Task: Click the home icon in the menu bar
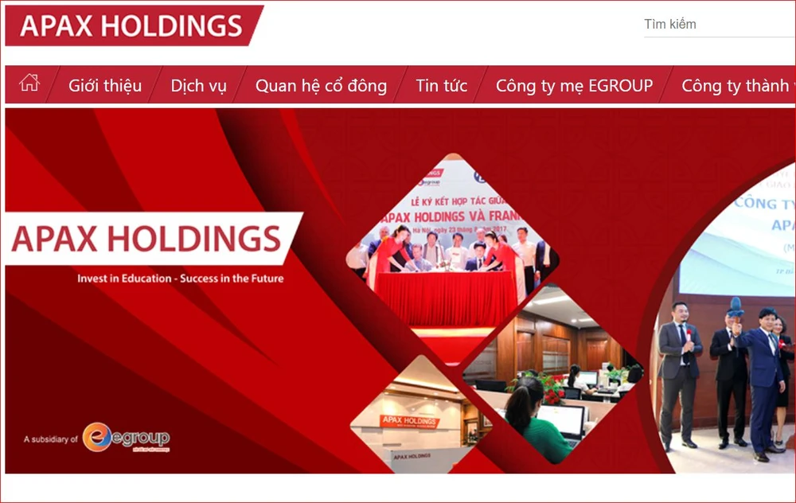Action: click(x=29, y=83)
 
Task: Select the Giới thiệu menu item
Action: click(x=105, y=86)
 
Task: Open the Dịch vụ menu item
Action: click(x=198, y=86)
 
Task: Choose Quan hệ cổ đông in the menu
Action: click(x=321, y=86)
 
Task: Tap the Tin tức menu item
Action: click(x=441, y=86)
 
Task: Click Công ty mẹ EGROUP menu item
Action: click(x=574, y=86)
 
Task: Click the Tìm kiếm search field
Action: click(x=716, y=25)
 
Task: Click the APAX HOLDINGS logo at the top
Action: click(x=131, y=25)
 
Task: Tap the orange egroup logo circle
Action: click(x=96, y=437)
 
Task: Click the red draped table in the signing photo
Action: click(x=446, y=298)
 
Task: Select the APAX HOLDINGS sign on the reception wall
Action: click(x=410, y=421)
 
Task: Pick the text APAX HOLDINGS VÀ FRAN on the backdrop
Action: click(x=446, y=215)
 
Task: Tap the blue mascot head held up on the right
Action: click(x=736, y=307)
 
